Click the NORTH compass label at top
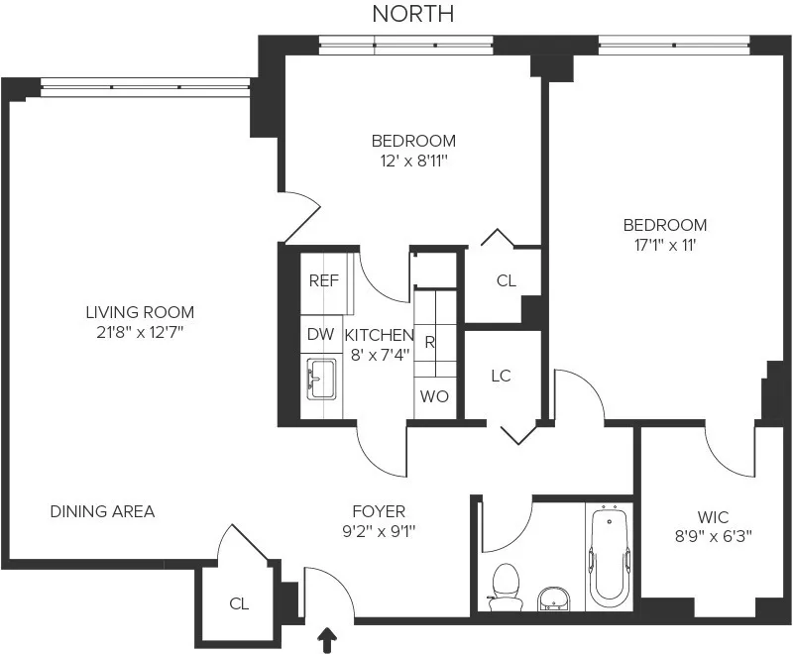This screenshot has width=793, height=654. click(x=413, y=14)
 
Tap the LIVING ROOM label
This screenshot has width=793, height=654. click(x=140, y=311)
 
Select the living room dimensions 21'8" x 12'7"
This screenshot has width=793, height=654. click(x=140, y=331)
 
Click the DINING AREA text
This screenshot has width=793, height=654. click(x=102, y=511)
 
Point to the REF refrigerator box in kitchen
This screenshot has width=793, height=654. click(x=323, y=280)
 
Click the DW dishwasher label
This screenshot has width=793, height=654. click(x=320, y=335)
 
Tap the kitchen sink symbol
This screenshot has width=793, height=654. click(x=320, y=381)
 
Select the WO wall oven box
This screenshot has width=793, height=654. click(x=434, y=396)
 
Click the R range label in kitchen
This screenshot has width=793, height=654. click(x=430, y=343)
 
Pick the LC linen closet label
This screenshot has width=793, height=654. click(x=502, y=377)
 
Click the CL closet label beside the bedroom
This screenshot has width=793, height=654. click(x=506, y=280)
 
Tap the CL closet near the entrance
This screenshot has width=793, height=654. click(x=239, y=602)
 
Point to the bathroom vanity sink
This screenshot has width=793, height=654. click(x=555, y=598)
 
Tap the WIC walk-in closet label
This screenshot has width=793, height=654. click(x=713, y=517)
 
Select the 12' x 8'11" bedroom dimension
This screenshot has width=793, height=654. click(x=413, y=160)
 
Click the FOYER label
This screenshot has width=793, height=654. click(x=379, y=511)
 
